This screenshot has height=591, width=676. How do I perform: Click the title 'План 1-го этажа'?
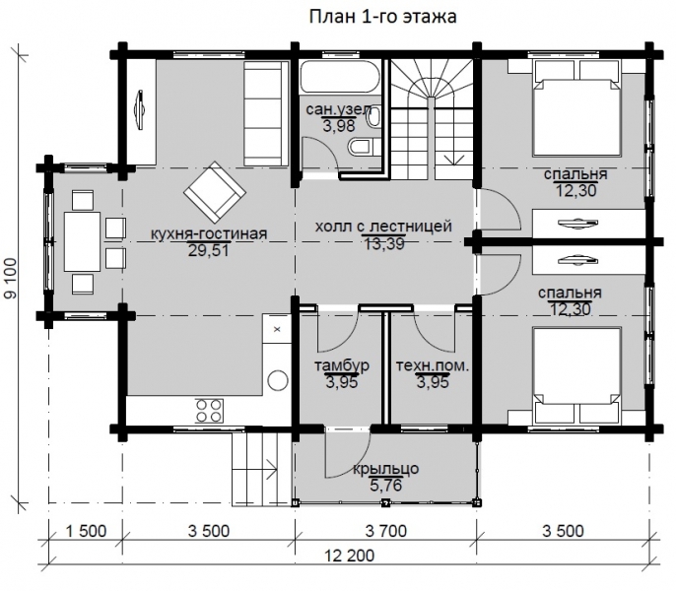click(382, 17)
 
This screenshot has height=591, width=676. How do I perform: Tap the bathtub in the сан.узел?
click(341, 77)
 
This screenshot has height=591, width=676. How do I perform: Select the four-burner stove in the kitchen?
click(209, 410)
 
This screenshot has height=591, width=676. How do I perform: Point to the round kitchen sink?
click(277, 380)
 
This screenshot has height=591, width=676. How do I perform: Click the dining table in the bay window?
click(82, 241)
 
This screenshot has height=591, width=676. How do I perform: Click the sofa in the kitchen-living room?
click(266, 113)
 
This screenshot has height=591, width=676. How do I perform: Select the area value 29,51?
click(208, 250)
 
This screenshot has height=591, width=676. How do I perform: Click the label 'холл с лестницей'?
click(383, 226)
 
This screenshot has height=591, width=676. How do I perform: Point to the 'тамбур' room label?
click(341, 365)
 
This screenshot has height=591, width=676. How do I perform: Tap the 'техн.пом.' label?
click(432, 366)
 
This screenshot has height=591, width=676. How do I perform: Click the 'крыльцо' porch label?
click(386, 469)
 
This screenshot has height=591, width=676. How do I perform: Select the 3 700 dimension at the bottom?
click(386, 531)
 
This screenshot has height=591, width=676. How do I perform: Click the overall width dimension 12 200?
click(349, 556)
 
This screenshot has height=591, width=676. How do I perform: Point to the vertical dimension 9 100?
click(10, 279)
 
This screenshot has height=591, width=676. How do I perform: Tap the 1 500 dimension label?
click(87, 531)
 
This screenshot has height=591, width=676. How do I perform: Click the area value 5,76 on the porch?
click(386, 486)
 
